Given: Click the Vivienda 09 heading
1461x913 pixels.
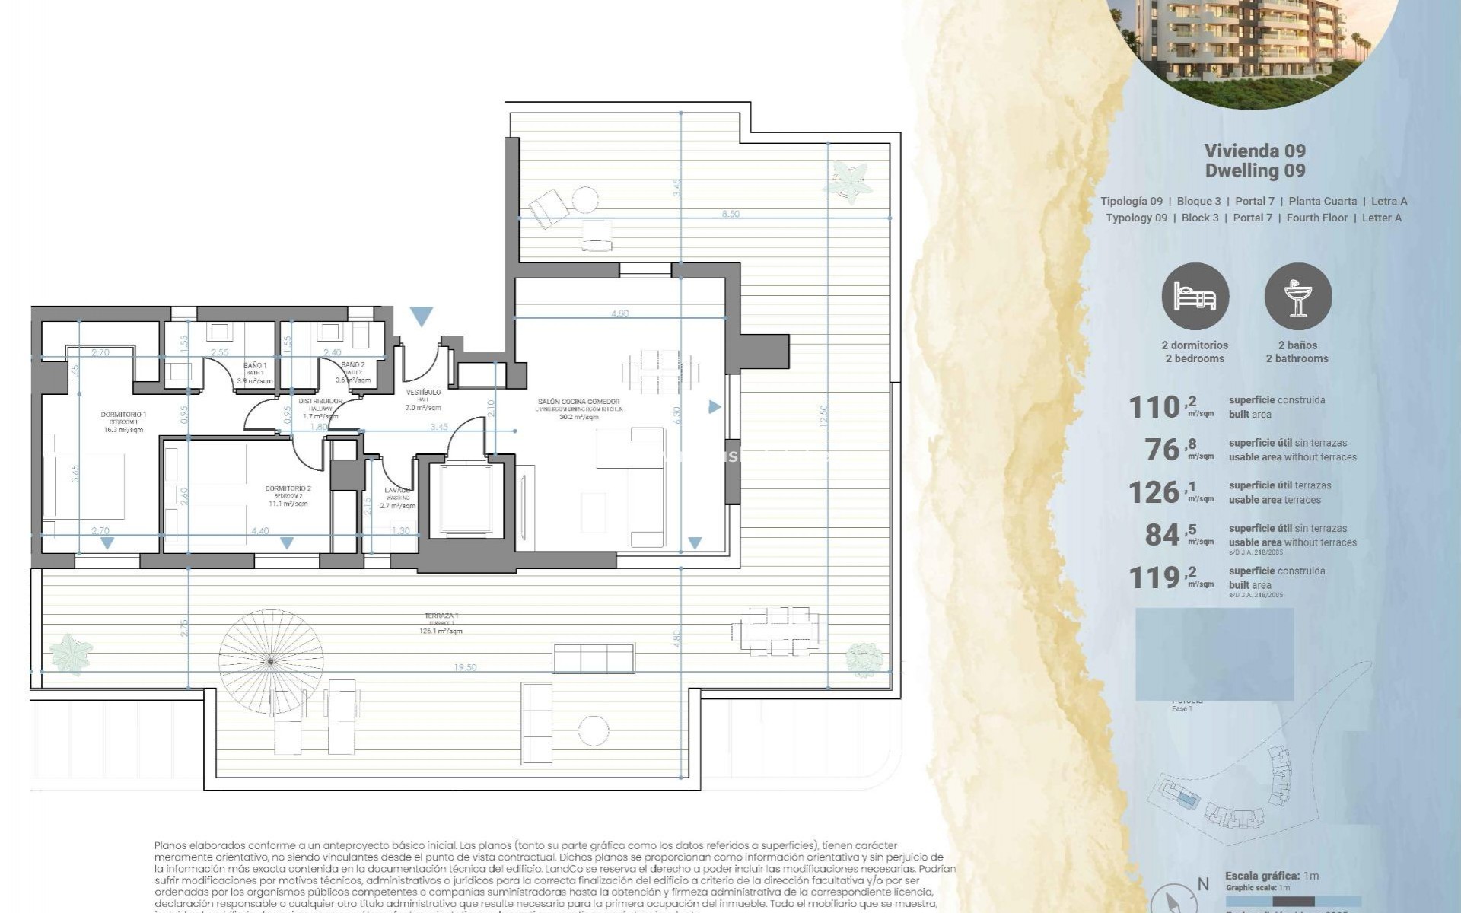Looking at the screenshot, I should (x=1255, y=151).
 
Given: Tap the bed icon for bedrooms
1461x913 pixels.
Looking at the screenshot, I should (x=1195, y=297).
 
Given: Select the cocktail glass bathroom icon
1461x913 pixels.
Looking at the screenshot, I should (x=1297, y=297).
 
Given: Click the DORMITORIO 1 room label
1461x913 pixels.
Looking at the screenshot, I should (x=123, y=415).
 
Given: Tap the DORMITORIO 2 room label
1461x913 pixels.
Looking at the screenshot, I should (x=288, y=488).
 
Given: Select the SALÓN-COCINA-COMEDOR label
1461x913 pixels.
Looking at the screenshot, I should (x=579, y=402).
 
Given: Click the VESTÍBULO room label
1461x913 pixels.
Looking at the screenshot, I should (x=423, y=393).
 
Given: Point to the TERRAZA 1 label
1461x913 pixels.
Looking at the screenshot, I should (x=441, y=616).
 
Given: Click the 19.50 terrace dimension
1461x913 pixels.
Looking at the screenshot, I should (x=465, y=667).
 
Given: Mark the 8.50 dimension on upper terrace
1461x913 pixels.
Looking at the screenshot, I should (x=730, y=214).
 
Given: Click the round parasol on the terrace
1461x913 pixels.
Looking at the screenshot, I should (x=271, y=660).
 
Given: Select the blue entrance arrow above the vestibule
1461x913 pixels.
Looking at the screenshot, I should (x=421, y=316).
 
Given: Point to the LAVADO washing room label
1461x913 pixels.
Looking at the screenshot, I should (x=397, y=490).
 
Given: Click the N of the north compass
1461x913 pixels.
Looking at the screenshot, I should (x=1203, y=884).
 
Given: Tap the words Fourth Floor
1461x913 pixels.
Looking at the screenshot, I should (x=1316, y=218).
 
